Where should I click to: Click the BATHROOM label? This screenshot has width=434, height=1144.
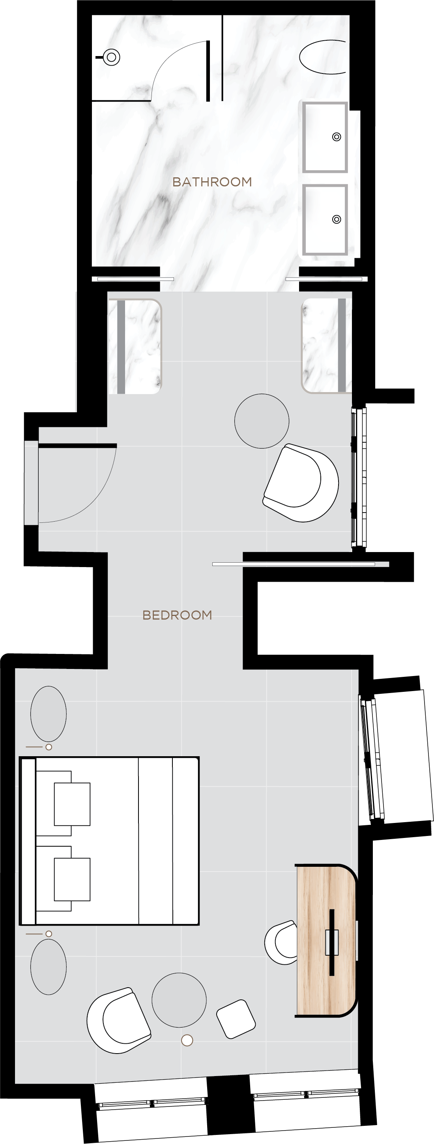point(212,182)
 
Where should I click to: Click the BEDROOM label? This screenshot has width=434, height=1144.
point(177,615)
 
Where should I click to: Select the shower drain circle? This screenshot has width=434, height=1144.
point(112,57)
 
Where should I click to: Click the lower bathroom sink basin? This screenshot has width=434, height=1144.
point(325,220)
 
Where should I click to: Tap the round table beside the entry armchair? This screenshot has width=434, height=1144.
point(262,421)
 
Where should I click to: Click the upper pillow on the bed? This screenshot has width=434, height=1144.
point(72,804)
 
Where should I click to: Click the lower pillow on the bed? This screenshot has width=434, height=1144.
point(72,879)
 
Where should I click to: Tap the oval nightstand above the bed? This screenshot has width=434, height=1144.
point(49,714)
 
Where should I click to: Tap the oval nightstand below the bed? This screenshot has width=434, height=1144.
point(49,967)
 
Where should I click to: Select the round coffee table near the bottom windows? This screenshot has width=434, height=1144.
point(179,1000)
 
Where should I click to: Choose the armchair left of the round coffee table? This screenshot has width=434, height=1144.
point(119,1020)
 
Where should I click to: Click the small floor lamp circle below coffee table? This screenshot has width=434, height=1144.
point(187,1040)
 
